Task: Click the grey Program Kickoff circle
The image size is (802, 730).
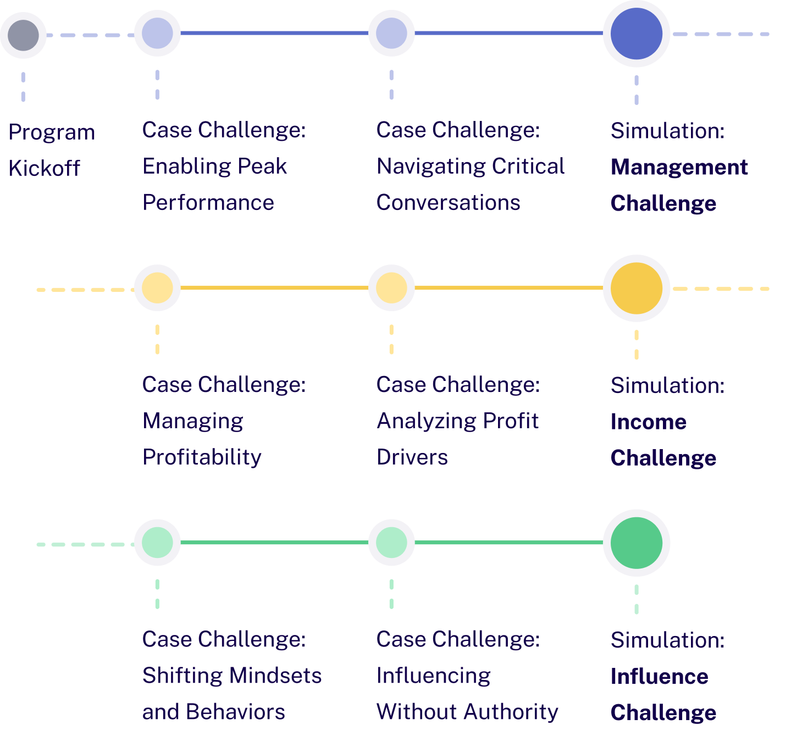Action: (24, 35)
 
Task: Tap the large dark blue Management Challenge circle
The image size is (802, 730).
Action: (636, 34)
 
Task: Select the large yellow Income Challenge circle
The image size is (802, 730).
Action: (636, 288)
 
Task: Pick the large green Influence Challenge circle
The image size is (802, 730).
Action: (636, 543)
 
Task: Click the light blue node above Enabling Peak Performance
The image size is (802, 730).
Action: (158, 34)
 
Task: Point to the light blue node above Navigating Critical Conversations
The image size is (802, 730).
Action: (391, 34)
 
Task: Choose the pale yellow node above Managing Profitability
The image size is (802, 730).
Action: (158, 288)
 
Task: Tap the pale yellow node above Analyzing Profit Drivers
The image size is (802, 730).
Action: (391, 288)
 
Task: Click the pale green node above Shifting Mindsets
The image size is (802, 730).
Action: (158, 543)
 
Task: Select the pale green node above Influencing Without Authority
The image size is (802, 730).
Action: (391, 543)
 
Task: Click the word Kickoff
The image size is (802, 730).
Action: (45, 168)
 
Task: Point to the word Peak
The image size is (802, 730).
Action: (263, 166)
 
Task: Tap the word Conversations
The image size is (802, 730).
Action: (449, 203)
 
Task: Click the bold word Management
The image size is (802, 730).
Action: (679, 167)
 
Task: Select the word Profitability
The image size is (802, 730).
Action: (202, 457)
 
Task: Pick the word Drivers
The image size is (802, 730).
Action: (412, 457)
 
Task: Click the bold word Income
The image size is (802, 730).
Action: (649, 422)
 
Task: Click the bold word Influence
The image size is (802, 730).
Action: (660, 677)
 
